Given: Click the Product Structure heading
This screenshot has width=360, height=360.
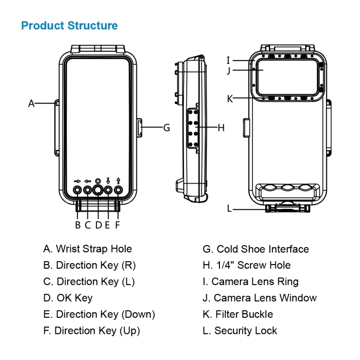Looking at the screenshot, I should point(69,26).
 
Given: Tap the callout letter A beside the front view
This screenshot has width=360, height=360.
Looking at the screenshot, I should point(31,103).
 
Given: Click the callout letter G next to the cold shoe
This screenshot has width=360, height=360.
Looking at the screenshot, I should point(166,127).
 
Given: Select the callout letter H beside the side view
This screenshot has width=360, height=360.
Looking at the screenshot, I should point(220,128).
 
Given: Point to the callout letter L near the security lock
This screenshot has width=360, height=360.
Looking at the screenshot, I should point(229,208).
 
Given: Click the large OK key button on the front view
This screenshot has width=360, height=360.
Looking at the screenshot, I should point(98,190).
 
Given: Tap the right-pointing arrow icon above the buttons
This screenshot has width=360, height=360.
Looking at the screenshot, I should point(77,181).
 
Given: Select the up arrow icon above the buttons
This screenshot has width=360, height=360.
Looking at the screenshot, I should point(118,180).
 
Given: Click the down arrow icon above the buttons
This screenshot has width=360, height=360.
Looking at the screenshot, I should point(108,180).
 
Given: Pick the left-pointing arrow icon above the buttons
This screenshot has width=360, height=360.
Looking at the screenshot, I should point(87,181).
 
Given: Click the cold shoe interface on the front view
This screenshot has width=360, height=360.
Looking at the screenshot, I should point(140,127).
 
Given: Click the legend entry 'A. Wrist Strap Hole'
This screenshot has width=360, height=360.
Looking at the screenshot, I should point(88,249).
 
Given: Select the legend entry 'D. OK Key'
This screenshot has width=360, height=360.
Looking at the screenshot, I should point(68,298).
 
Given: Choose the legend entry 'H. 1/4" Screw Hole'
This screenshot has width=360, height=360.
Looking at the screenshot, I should point(247,265).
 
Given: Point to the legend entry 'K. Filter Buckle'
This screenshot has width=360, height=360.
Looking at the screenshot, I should point(238,314).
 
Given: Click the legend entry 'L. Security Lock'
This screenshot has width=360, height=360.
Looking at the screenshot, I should point(240,331).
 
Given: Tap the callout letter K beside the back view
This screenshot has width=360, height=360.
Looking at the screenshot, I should point(229,99).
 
